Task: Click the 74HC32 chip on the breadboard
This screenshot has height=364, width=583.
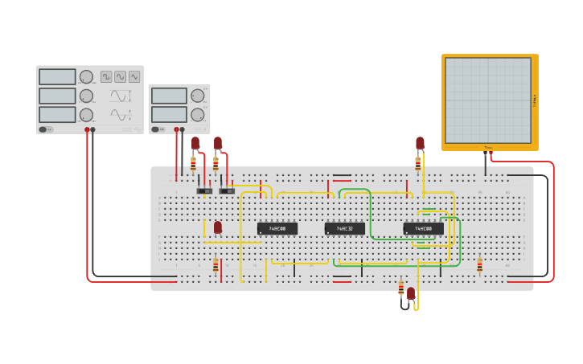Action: (x=344, y=229)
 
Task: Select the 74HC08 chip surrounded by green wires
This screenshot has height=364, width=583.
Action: (x=423, y=229)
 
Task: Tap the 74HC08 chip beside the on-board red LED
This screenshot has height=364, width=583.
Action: (x=277, y=229)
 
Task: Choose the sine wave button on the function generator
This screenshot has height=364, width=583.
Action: (x=120, y=76)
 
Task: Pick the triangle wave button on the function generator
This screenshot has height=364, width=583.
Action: (x=134, y=76)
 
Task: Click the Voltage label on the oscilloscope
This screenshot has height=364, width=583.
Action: (x=535, y=100)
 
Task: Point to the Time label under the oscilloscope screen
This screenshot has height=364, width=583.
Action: (x=487, y=147)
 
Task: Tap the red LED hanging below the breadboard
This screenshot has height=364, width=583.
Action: (x=411, y=293)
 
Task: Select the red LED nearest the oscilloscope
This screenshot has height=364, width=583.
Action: (x=420, y=143)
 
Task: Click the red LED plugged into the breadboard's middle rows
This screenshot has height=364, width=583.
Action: (x=217, y=227)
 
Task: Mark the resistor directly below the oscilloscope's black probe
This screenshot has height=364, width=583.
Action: (x=479, y=265)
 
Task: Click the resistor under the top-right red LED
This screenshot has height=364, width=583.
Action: (x=417, y=163)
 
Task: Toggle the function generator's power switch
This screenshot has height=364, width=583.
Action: (x=45, y=129)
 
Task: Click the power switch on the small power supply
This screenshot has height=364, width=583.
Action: (x=157, y=129)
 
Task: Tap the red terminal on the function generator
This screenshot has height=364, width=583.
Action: (x=87, y=129)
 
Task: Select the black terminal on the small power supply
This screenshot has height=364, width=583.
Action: (x=183, y=129)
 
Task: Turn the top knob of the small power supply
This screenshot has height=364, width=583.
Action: (x=197, y=96)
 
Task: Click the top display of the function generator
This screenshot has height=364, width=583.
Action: (x=57, y=77)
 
